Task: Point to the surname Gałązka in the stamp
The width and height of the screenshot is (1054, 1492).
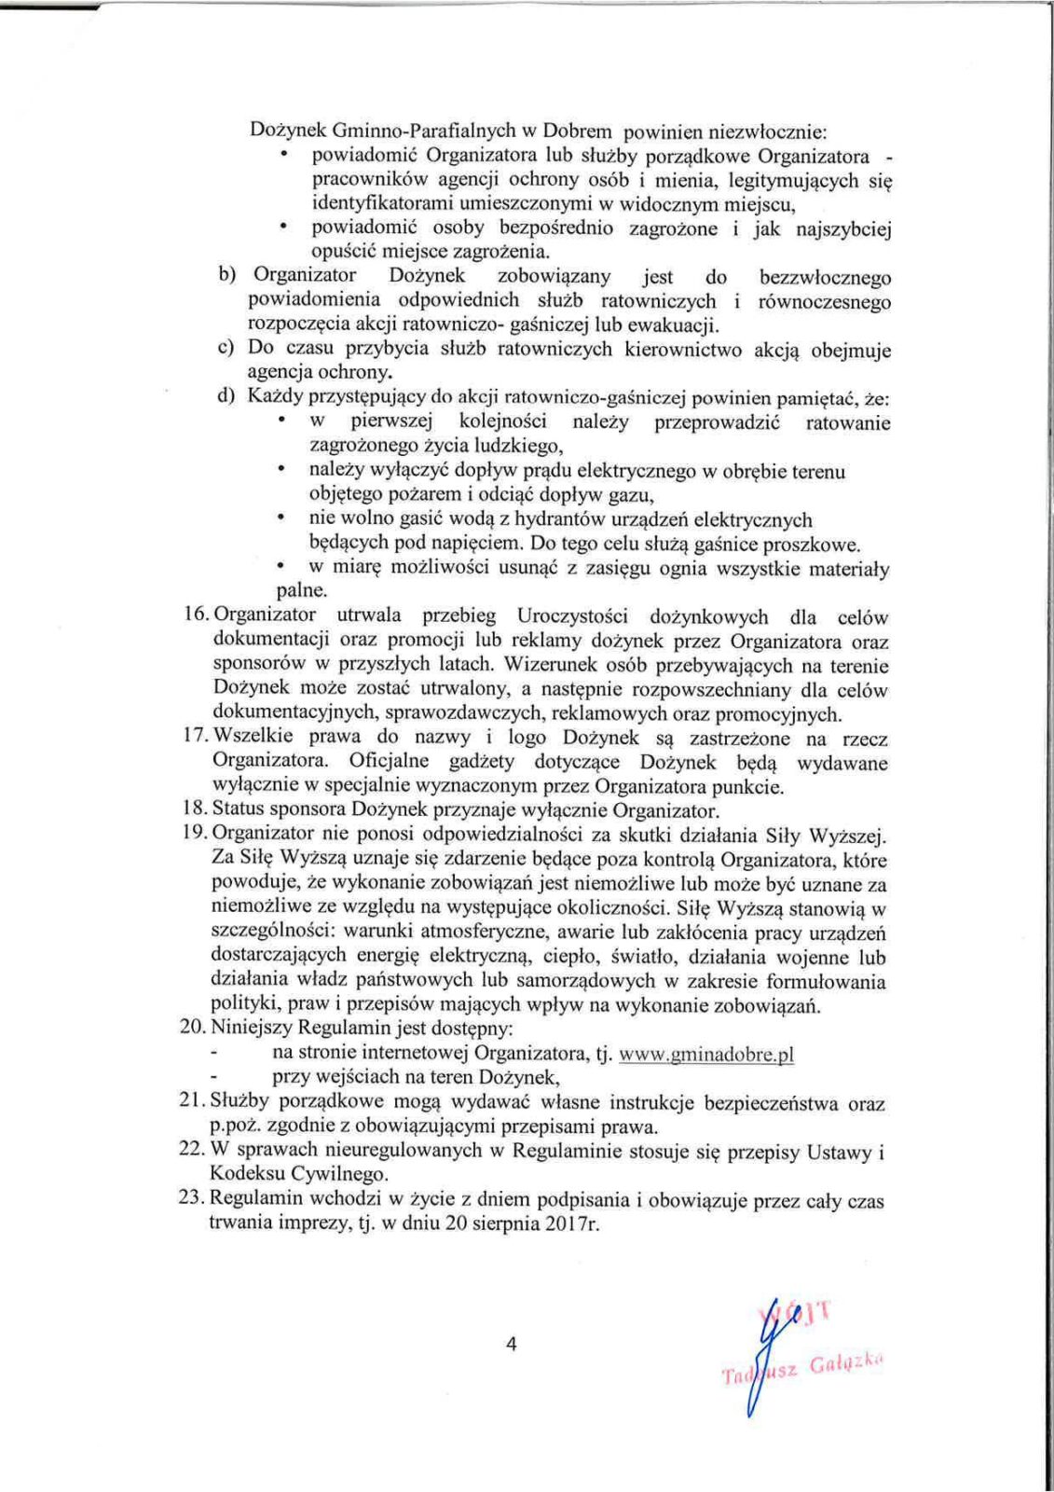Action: pyautogui.click(x=845, y=1365)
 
